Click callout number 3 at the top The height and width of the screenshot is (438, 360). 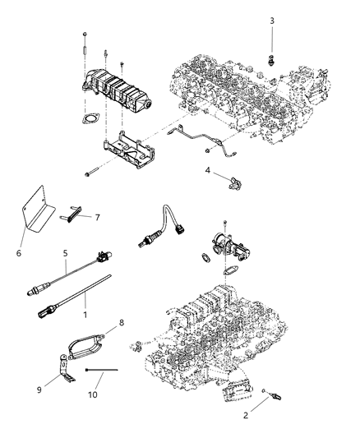point(272,19)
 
